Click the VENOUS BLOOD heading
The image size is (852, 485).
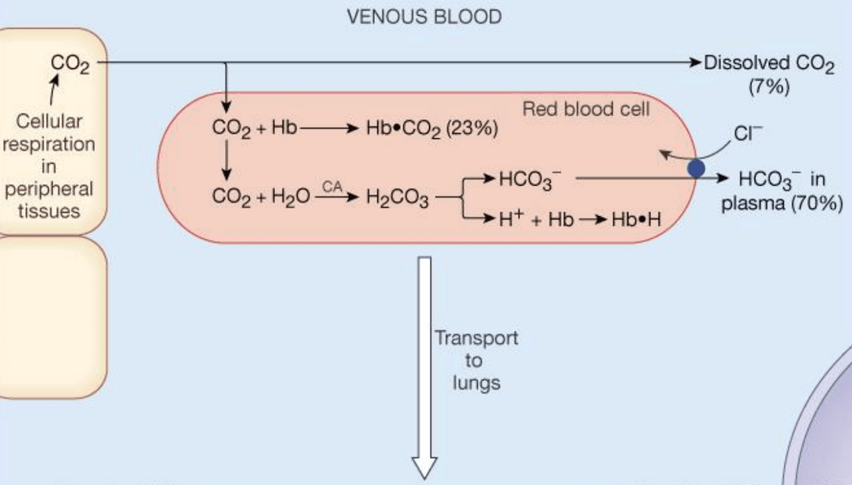click(x=424, y=17)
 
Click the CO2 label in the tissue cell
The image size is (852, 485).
click(x=69, y=64)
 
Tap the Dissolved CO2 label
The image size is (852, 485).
click(x=768, y=64)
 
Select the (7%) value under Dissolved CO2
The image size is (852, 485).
click(x=768, y=87)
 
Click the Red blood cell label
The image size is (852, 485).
click(x=586, y=110)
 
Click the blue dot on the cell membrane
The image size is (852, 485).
click(x=696, y=167)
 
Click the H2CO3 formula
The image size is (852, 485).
click(x=397, y=198)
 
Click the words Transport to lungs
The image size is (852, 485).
click(x=476, y=360)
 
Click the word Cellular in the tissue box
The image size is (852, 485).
click(x=49, y=123)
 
